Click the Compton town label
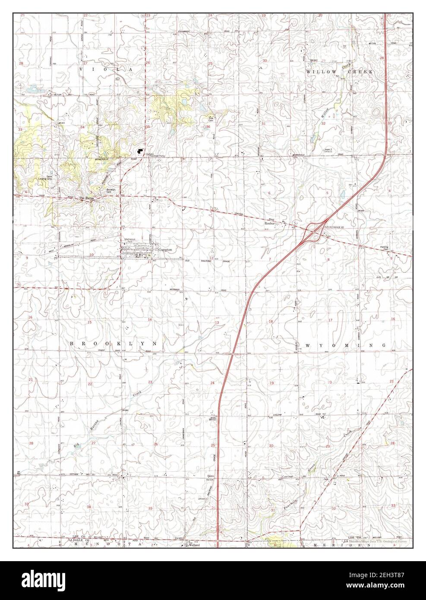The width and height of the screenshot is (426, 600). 165,249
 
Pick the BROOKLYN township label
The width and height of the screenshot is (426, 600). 112,342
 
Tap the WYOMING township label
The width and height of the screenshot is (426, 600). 345,345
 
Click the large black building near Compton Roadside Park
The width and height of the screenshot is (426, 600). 139,151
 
